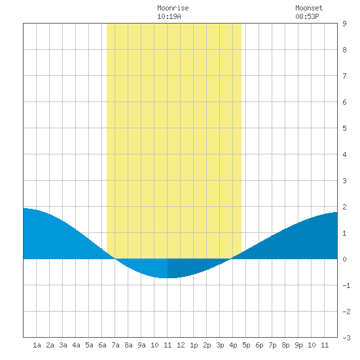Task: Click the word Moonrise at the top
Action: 173,8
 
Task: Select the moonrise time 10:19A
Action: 169,16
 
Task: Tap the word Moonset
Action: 309,8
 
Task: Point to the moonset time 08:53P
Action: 307,16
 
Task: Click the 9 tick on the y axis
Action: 344,24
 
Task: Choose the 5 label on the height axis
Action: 344,128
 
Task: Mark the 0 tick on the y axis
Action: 344,259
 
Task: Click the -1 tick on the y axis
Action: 346,285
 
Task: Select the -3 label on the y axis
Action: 346,338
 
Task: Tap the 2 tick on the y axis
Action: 344,207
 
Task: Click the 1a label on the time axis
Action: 37,345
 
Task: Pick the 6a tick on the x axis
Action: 102,345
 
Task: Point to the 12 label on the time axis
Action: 181,345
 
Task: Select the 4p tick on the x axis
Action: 233,345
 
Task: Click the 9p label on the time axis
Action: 298,345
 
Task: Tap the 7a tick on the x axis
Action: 115,345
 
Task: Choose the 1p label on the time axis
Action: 194,345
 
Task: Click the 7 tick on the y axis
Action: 344,76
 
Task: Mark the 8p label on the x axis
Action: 285,345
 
